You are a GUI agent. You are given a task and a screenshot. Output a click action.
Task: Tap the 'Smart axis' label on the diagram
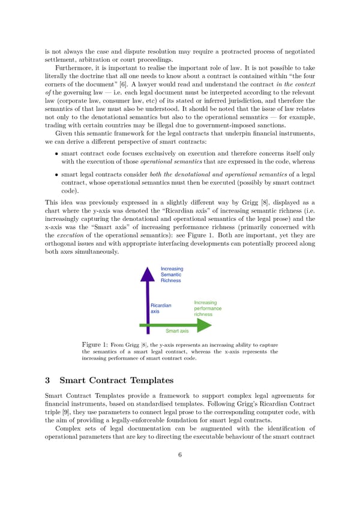tap(177, 331)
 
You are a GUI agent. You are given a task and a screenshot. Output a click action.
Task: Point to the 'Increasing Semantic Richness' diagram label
tap(172, 274)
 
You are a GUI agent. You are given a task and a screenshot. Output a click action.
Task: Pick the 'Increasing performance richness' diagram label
tap(207, 309)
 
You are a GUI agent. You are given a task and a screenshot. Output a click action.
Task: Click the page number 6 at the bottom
tap(180, 454)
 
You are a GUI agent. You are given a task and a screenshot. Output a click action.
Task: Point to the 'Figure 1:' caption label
tap(94, 345)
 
